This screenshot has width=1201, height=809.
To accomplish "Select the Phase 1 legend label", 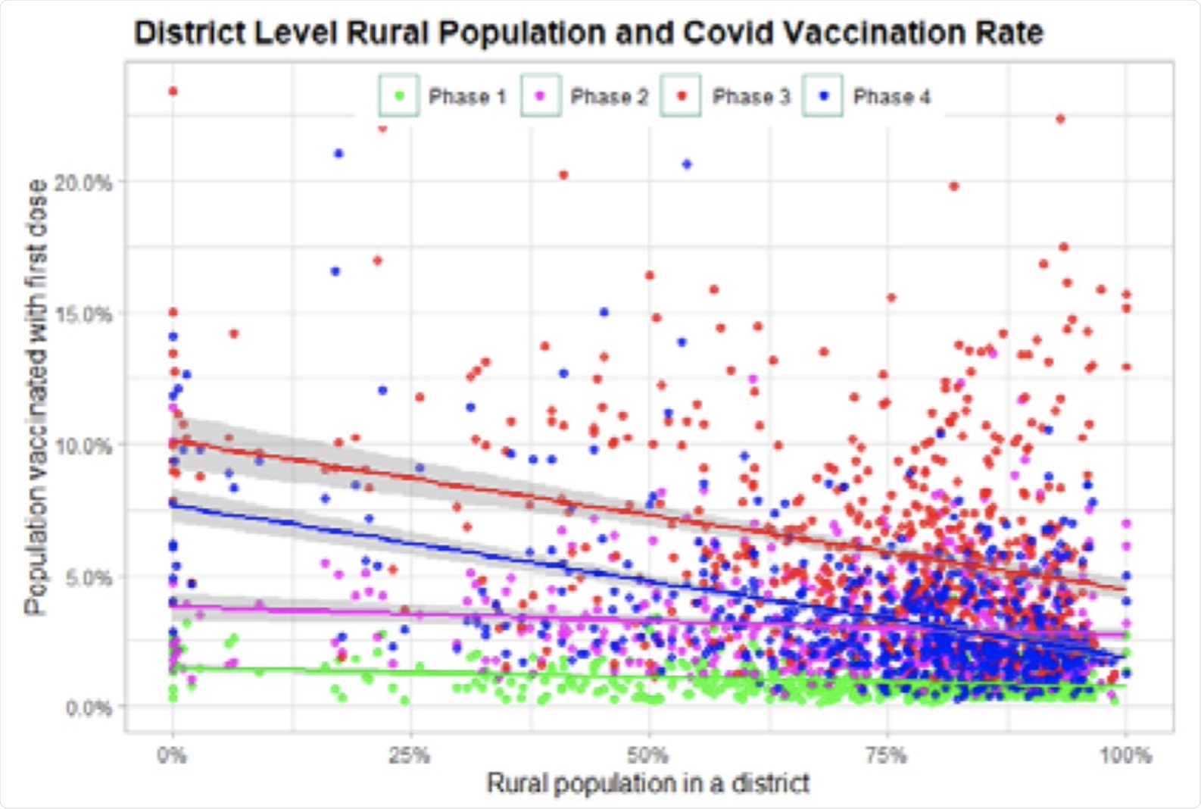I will click(x=466, y=97).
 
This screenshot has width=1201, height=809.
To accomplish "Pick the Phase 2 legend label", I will click(x=609, y=97).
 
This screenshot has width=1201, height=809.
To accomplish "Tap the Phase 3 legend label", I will click(x=750, y=97).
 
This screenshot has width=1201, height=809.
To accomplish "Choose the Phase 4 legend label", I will click(x=891, y=97).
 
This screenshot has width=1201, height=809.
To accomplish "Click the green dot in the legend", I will click(x=399, y=96).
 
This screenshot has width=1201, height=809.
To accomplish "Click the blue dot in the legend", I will click(x=823, y=96).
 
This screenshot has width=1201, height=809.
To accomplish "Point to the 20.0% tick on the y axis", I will click(x=83, y=183).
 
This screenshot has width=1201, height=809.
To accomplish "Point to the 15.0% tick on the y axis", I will click(x=83, y=314).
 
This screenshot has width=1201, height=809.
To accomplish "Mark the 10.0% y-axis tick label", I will click(x=83, y=445).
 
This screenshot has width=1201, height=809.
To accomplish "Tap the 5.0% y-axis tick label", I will click(x=88, y=577).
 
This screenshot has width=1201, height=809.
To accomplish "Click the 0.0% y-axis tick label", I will click(x=88, y=708).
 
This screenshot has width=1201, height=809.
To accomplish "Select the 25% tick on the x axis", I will click(x=410, y=755).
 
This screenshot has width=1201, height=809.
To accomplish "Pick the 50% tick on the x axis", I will click(x=648, y=755).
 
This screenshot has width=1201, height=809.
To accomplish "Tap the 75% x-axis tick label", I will click(x=886, y=755).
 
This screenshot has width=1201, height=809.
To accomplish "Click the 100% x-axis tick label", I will click(x=1125, y=755).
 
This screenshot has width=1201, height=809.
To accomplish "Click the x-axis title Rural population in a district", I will click(x=648, y=783).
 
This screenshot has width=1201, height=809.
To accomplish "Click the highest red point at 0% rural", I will click(x=173, y=92).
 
